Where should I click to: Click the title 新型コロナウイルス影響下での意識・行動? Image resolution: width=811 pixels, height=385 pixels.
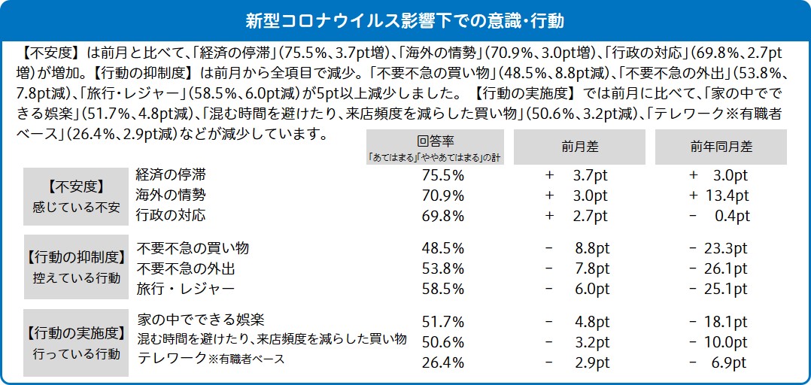(x=405, y=19)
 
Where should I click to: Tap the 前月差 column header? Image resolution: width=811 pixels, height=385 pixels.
(x=579, y=147)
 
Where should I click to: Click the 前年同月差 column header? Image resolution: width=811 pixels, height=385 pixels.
(x=720, y=147)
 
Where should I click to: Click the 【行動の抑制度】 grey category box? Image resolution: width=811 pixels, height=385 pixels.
(x=75, y=268)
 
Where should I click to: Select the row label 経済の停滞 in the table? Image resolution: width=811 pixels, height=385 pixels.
(x=171, y=174)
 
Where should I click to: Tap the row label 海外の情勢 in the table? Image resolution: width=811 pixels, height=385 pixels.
(x=171, y=195)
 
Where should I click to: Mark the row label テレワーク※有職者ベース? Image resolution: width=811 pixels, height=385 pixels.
(x=211, y=359)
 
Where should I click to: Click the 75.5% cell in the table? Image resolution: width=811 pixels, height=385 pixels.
(x=443, y=175)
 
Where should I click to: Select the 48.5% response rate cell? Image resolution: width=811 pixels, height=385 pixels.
(x=443, y=248)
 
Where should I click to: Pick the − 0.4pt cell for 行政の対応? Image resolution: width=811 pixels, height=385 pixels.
(x=719, y=217)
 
